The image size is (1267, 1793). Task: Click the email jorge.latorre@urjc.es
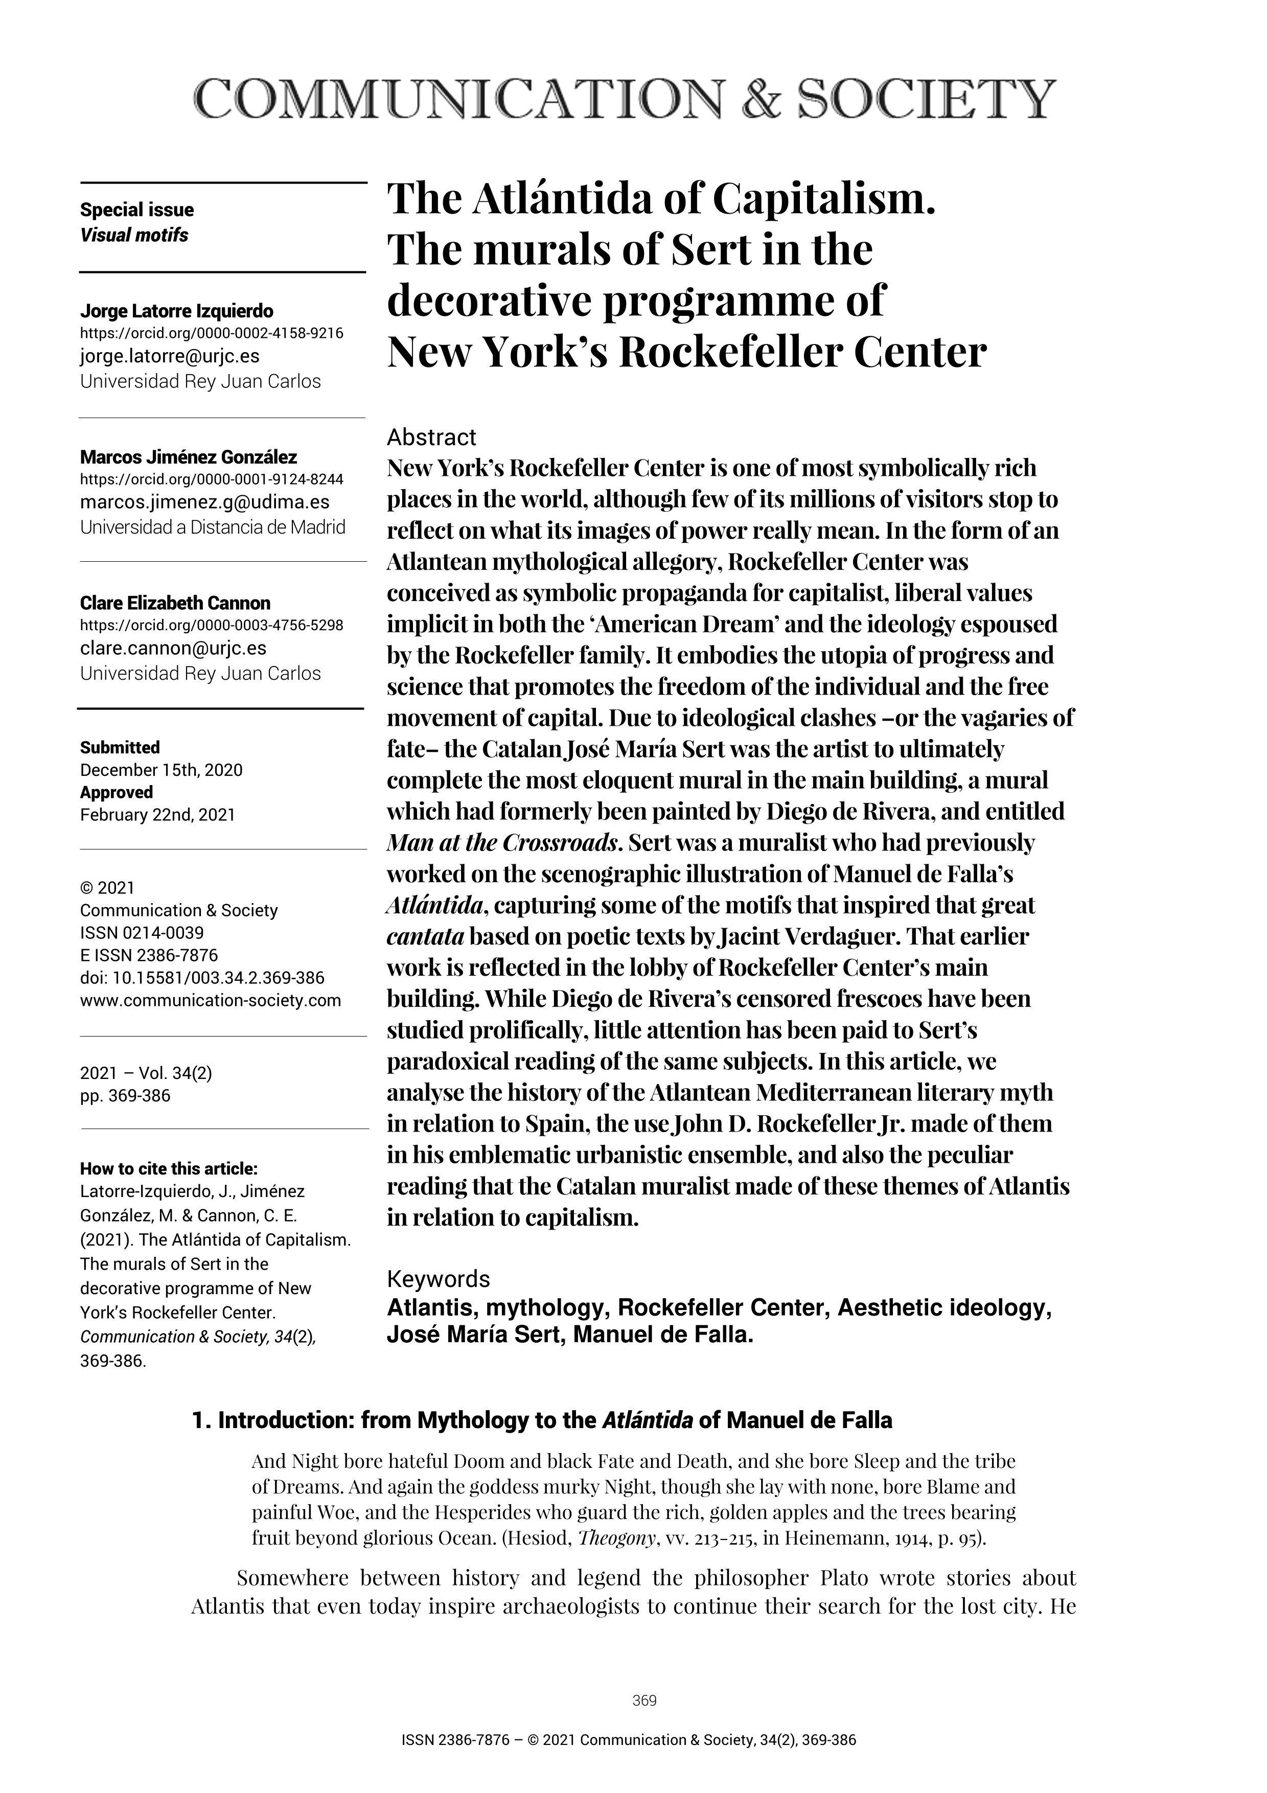click(169, 356)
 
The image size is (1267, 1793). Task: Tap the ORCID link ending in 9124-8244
click(212, 479)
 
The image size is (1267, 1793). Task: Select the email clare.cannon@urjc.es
click(173, 648)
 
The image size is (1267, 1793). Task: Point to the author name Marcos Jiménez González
click(188, 457)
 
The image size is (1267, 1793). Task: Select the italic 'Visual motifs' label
click(134, 235)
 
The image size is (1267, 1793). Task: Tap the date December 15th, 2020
click(161, 770)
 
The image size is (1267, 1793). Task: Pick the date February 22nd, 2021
click(157, 815)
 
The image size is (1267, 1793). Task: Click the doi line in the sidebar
click(202, 978)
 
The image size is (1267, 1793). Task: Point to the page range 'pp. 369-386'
click(125, 1096)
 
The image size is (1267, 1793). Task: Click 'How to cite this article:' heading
click(169, 1169)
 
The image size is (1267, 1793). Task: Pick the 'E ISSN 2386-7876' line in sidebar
click(149, 955)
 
